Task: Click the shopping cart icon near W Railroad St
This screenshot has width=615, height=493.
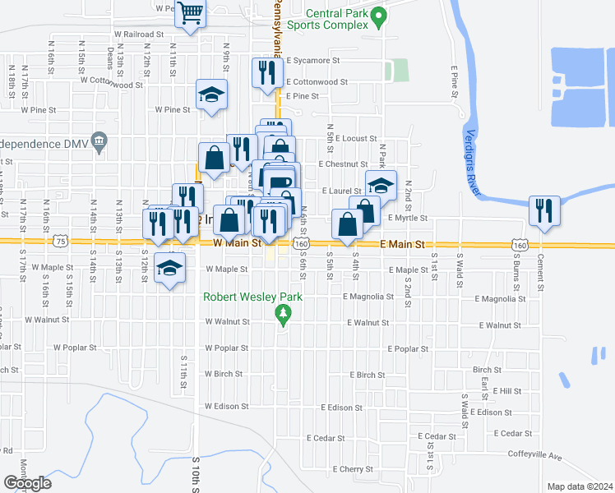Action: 190,14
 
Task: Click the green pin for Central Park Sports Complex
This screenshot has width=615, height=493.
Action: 378,15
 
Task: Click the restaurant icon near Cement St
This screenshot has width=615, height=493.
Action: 544,210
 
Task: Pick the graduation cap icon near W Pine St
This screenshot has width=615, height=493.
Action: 211,94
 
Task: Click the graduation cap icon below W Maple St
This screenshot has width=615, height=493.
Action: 169,270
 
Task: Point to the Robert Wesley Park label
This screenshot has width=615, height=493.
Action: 255,297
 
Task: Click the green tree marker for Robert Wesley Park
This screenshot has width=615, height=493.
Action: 284,313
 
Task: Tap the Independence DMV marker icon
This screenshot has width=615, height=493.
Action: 99,142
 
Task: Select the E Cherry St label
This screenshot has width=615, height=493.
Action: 353,469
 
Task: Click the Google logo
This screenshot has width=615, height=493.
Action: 27,483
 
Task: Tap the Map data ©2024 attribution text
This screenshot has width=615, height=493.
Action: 580,486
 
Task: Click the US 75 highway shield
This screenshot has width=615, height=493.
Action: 60,241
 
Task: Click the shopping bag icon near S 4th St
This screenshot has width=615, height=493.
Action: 347,223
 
